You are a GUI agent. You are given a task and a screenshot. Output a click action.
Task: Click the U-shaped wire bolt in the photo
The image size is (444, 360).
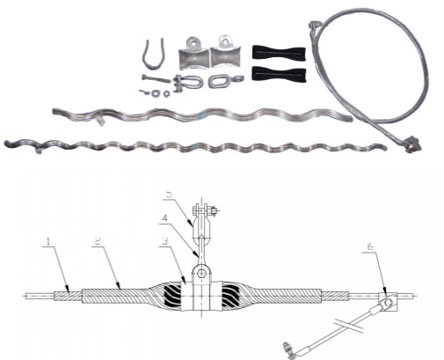150,54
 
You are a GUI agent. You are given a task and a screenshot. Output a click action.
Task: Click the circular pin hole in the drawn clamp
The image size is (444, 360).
201,275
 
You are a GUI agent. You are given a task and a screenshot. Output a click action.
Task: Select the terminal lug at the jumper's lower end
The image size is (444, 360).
289,346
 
